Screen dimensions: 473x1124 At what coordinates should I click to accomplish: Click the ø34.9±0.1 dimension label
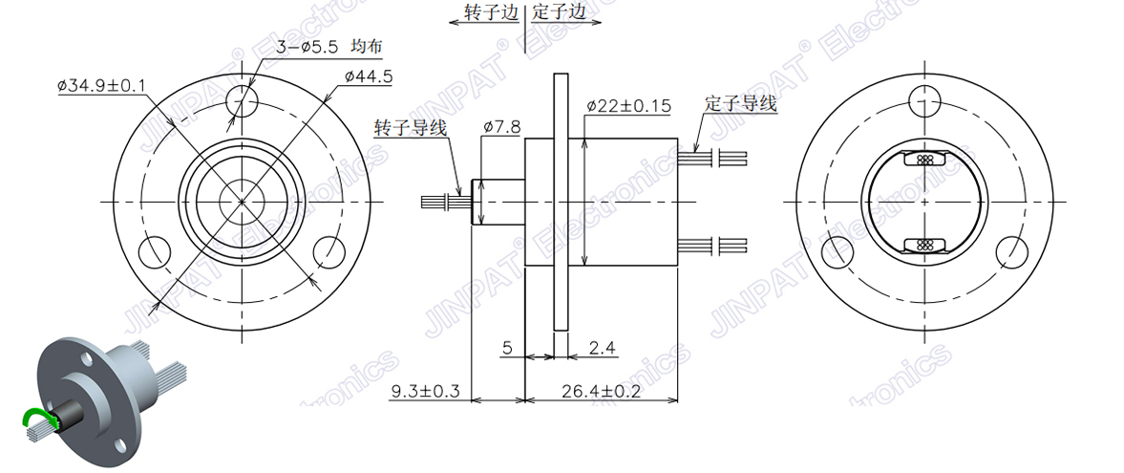click(x=101, y=87)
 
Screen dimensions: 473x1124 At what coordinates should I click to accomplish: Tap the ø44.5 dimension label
click(x=369, y=76)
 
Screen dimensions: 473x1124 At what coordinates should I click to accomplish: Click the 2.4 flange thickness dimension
click(x=601, y=349)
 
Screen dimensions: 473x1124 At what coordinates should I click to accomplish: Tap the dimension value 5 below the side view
click(x=508, y=349)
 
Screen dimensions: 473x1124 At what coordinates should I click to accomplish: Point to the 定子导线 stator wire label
click(x=741, y=102)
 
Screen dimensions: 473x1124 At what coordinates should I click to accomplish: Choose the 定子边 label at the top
click(x=559, y=12)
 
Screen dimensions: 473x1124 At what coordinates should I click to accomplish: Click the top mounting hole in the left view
click(x=243, y=100)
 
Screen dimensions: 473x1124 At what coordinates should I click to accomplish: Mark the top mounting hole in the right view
click(x=923, y=98)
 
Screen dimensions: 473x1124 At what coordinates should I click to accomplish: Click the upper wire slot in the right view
click(x=923, y=160)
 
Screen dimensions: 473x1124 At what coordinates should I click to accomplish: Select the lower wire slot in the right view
click(x=923, y=245)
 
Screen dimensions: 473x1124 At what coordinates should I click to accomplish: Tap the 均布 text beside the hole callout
click(x=369, y=47)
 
